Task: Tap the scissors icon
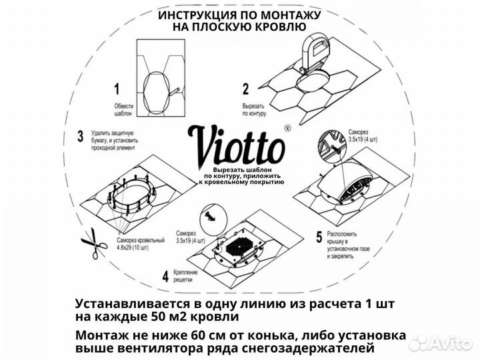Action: tap(94, 245)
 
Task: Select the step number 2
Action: tap(245, 88)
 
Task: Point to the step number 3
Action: tap(81, 137)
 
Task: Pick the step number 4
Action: tap(165, 275)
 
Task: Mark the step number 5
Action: tap(319, 237)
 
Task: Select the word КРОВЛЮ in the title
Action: tap(278, 27)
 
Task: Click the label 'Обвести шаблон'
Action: tap(120, 111)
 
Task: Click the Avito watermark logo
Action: tap(440, 342)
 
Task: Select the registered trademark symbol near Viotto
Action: tap(287, 127)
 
